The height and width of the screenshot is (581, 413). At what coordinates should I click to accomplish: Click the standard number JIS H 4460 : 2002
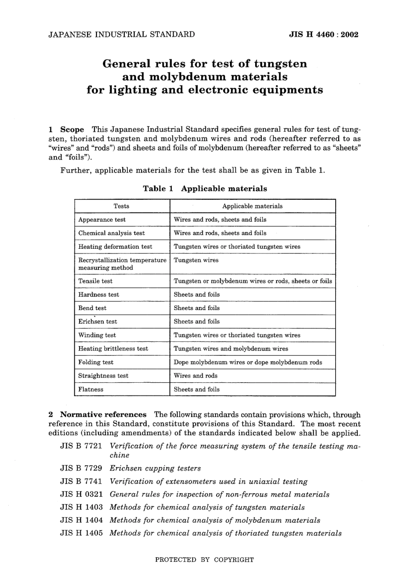pyautogui.click(x=323, y=35)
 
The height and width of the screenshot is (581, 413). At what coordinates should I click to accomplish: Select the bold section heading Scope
pyautogui.click(x=72, y=130)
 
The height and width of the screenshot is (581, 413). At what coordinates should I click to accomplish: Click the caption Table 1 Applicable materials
pyautogui.click(x=205, y=189)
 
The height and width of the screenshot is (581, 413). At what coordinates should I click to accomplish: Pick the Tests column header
pyautogui.click(x=121, y=206)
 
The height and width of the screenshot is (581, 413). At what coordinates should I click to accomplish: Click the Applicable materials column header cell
pyautogui.click(x=252, y=206)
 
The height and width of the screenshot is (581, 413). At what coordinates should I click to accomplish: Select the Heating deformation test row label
pyautogui.click(x=115, y=247)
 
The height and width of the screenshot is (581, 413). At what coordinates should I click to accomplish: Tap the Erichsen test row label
pyautogui.click(x=97, y=321)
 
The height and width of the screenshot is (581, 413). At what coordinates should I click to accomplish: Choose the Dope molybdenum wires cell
pyautogui.click(x=248, y=362)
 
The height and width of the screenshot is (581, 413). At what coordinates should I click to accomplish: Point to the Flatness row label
pyautogui.click(x=91, y=389)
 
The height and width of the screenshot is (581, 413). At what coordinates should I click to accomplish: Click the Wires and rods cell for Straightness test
pyautogui.click(x=196, y=376)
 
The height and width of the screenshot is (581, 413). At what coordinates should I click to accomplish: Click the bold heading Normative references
pyautogui.click(x=103, y=414)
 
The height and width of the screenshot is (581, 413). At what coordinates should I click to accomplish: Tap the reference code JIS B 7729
pyautogui.click(x=81, y=468)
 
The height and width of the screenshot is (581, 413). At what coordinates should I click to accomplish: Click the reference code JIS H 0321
pyautogui.click(x=81, y=494)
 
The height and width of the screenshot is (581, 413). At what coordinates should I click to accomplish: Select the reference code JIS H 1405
pyautogui.click(x=81, y=533)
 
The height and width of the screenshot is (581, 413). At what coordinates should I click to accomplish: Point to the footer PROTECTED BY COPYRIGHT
pyautogui.click(x=204, y=560)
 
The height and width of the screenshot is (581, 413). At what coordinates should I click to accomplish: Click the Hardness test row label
pyautogui.click(x=98, y=294)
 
